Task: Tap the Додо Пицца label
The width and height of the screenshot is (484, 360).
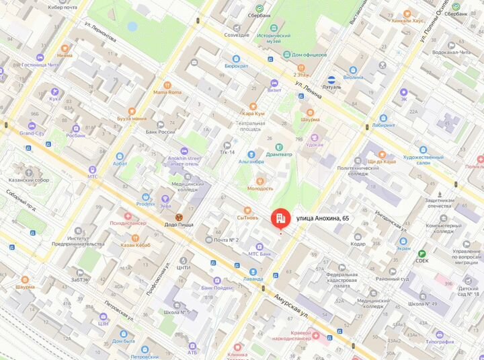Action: tap(179, 224)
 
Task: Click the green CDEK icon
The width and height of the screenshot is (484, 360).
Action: tap(421, 252)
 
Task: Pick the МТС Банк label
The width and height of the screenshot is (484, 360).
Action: tap(259, 254)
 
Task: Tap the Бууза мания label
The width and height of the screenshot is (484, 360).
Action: tap(132, 118)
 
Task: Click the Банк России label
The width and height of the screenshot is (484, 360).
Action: tap(161, 132)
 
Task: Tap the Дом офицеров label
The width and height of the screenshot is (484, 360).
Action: tap(309, 55)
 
